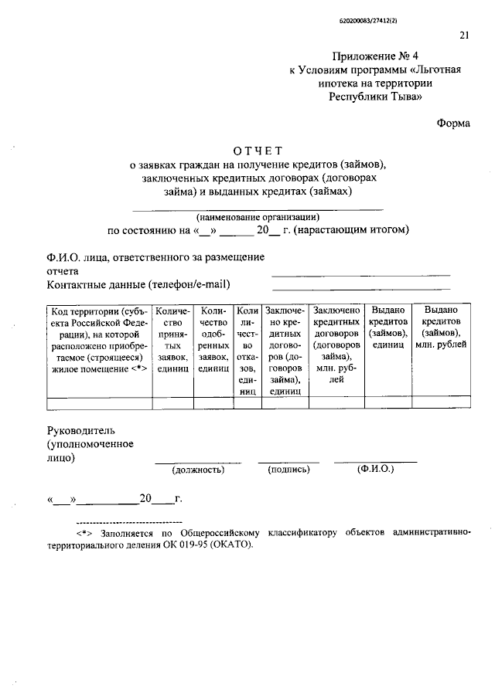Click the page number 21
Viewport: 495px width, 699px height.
point(464,34)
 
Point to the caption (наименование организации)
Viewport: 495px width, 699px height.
point(258,216)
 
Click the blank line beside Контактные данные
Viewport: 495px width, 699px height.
point(360,288)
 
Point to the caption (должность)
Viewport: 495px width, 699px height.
point(198,469)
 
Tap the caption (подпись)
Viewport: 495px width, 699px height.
point(288,469)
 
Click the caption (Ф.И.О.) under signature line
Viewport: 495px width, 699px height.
point(375,469)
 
